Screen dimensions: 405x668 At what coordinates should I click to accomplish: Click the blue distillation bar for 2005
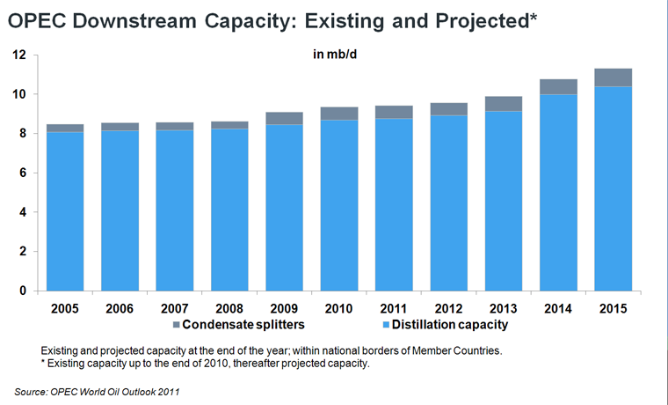(x=65, y=211)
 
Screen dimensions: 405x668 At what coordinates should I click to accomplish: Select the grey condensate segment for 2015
(x=614, y=77)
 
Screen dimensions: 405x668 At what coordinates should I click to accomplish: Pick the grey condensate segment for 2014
(x=559, y=86)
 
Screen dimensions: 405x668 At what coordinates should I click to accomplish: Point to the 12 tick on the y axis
(x=19, y=55)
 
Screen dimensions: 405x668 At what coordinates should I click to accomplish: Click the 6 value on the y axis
(x=23, y=173)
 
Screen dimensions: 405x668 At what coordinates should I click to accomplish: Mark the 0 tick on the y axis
(x=23, y=291)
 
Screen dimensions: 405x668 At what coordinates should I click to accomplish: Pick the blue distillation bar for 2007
(x=175, y=210)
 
